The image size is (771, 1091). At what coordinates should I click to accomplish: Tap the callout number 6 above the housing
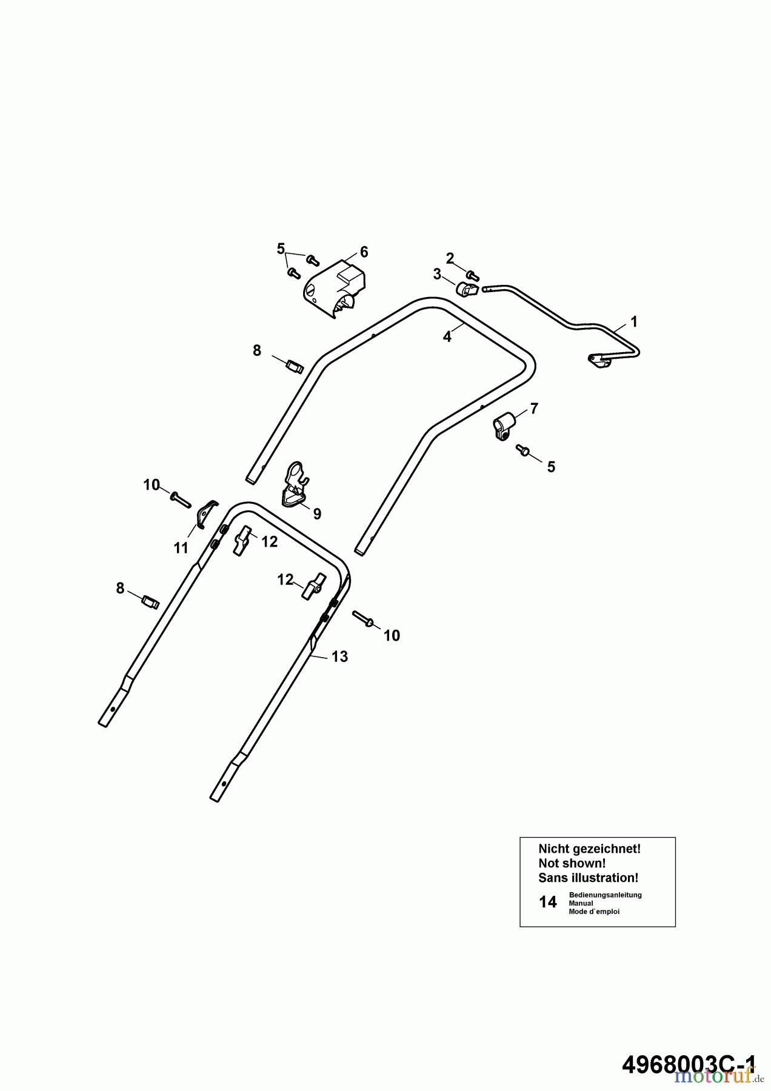click(x=364, y=252)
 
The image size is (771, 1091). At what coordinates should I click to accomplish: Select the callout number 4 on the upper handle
click(x=447, y=337)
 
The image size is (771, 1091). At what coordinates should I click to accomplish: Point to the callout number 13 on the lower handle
click(x=339, y=656)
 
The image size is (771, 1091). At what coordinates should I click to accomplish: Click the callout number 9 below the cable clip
click(x=317, y=514)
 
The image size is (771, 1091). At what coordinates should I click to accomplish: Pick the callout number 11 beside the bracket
click(x=181, y=548)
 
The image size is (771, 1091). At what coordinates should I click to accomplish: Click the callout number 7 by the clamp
click(x=533, y=409)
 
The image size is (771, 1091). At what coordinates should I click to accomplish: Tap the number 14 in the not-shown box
click(x=547, y=902)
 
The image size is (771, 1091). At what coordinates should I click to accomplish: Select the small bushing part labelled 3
click(x=467, y=290)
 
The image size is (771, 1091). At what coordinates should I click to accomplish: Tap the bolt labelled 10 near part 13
click(x=363, y=619)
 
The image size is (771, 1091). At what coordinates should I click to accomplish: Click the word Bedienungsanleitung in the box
click(x=605, y=895)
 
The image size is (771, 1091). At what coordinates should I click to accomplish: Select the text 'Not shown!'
click(x=572, y=863)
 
